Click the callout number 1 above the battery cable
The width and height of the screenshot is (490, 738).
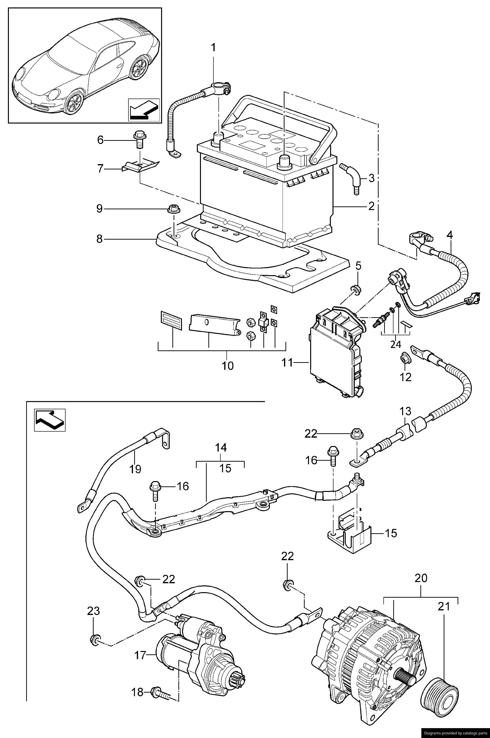point(213,48)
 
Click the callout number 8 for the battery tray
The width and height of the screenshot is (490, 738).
point(99,239)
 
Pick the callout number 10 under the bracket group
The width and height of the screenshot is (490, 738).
point(228,366)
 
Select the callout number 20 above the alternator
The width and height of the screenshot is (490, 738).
point(421,578)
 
